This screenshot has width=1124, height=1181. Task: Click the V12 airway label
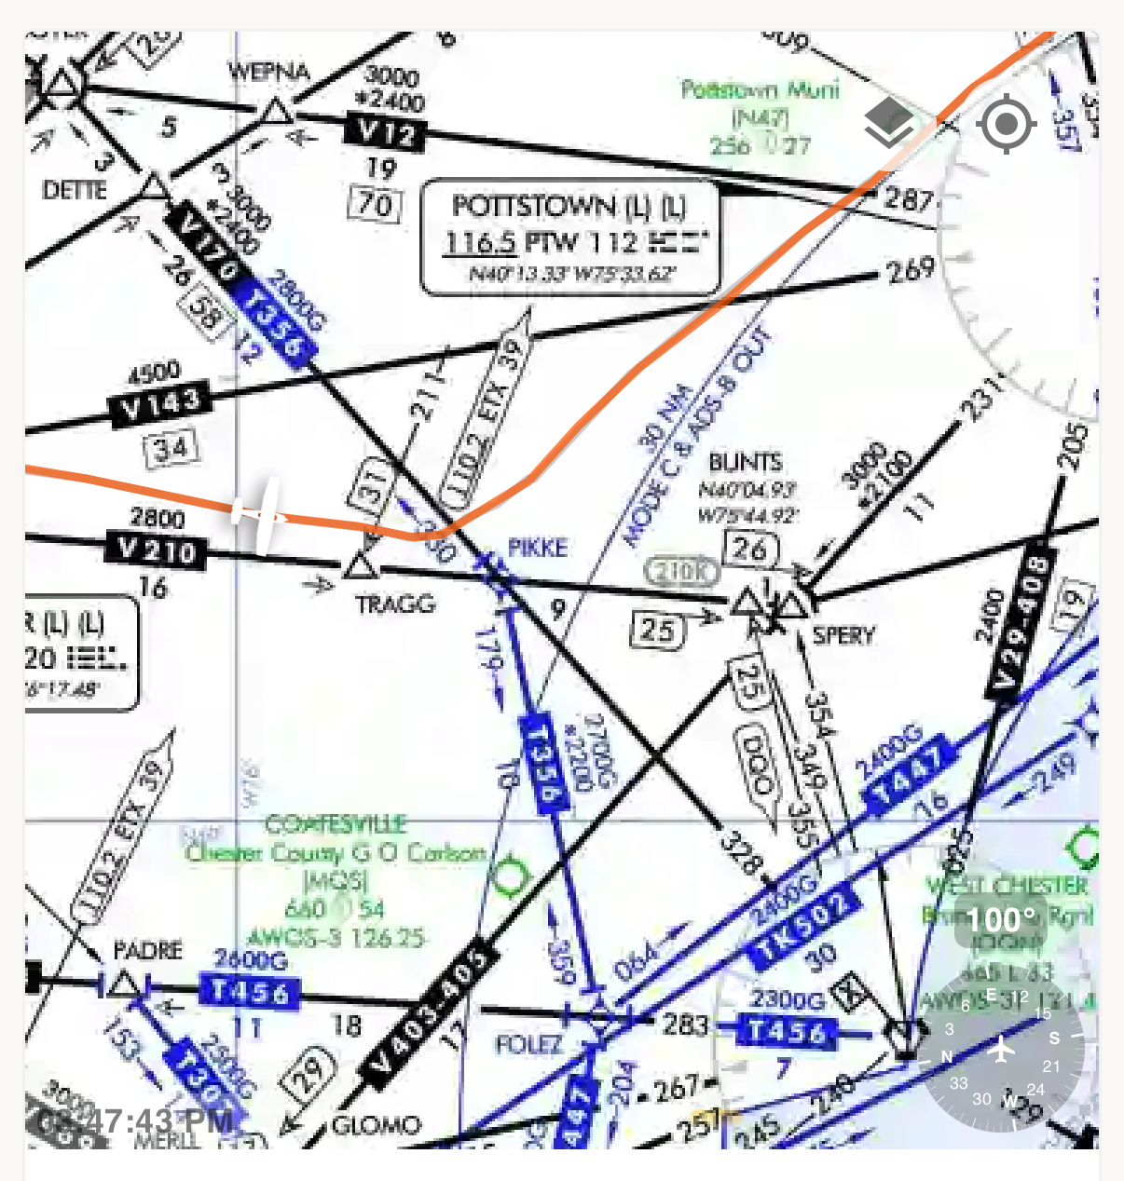click(x=385, y=131)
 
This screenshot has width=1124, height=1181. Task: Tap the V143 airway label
click(x=159, y=405)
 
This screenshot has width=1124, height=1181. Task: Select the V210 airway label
click(x=157, y=550)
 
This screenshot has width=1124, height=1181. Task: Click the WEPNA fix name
click(x=268, y=71)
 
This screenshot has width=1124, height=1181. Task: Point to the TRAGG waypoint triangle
click(x=359, y=566)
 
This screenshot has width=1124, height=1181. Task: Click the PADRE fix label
click(x=147, y=950)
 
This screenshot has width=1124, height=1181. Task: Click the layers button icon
click(x=888, y=123)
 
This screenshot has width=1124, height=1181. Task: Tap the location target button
click(x=1006, y=123)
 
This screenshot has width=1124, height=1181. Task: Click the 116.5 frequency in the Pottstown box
click(x=480, y=243)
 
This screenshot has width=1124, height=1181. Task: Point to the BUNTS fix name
click(x=745, y=462)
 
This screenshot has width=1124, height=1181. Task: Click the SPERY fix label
click(x=843, y=635)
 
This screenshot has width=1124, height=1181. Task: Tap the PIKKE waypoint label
click(x=537, y=548)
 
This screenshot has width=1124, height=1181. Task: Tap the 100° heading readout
click(x=1000, y=920)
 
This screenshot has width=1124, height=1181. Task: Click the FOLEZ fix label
click(x=528, y=1044)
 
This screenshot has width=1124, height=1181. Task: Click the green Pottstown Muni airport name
click(x=760, y=90)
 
